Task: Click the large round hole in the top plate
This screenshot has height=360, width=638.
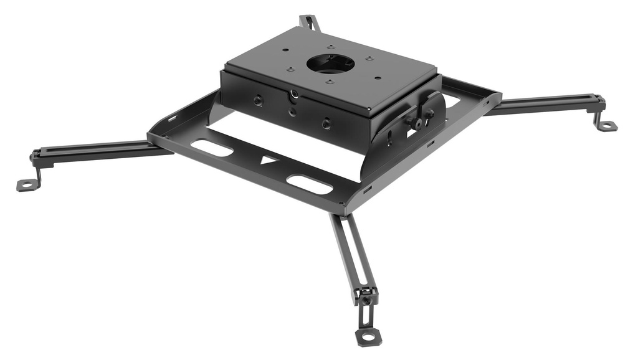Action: [330, 64]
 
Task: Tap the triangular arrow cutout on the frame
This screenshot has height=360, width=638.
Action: [269, 159]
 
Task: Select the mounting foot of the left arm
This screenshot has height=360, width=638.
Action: [26, 184]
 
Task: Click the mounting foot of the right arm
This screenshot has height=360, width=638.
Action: [606, 126]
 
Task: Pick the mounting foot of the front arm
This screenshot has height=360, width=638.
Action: [368, 336]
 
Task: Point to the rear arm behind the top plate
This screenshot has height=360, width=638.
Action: [310, 23]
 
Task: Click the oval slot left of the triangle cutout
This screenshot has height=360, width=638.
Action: [212, 148]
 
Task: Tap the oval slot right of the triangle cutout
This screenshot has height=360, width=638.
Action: [308, 184]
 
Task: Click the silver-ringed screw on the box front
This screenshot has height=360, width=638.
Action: [293, 95]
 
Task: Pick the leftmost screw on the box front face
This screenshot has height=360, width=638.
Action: [256, 100]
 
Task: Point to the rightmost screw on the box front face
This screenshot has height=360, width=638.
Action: [326, 124]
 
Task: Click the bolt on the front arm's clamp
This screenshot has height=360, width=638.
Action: [367, 299]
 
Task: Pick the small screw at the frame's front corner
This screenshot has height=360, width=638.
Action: [341, 203]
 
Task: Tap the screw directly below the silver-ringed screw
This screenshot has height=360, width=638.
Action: [293, 113]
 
